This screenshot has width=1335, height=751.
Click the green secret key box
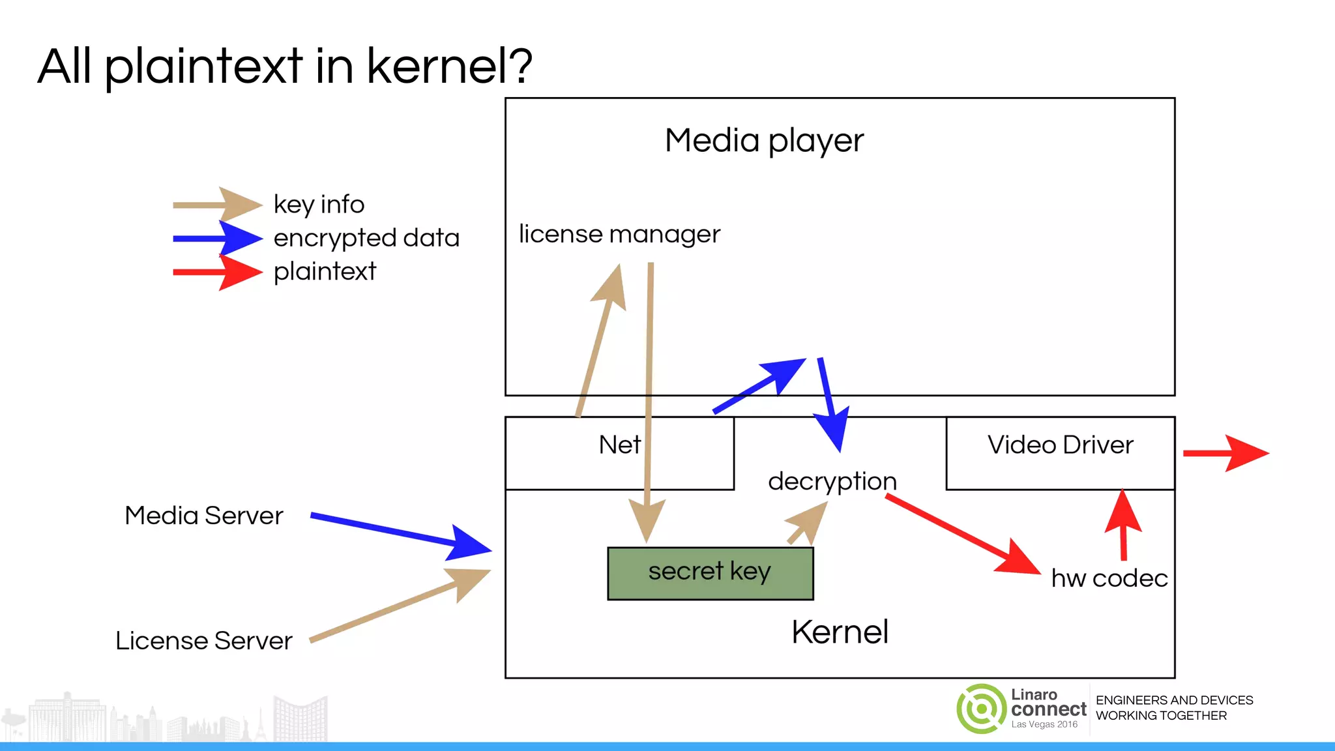pos(710,573)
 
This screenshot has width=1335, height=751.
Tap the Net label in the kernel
pos(620,445)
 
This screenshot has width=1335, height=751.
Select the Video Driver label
pos(1060,445)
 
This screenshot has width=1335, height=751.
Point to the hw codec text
pos(1109,578)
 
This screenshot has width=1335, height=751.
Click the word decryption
pos(832,482)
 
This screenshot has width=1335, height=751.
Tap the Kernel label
pos(840,632)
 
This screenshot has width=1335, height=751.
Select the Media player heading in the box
pos(764,141)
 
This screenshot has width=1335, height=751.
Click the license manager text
pos(619,235)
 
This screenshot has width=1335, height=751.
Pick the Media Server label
pos(204,516)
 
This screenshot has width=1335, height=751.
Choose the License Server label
pos(204,641)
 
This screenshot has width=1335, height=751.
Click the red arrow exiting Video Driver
pos(1225,453)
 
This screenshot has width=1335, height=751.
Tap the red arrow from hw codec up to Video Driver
pos(1123,525)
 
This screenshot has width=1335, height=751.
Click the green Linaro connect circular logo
pos(981,709)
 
